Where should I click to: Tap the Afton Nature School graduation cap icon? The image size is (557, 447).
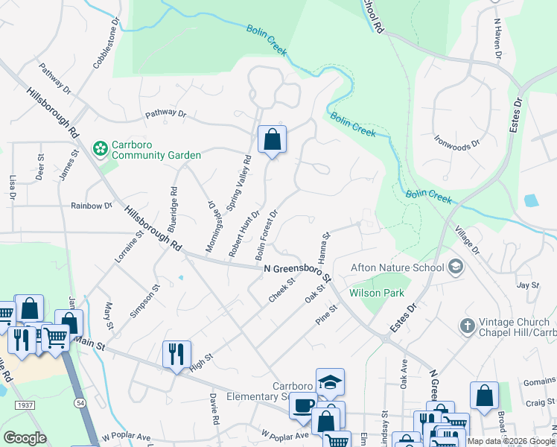pos(455,267)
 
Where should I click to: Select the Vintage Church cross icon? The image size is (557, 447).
pos(467,326)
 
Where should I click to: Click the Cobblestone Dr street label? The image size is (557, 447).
pos(105,43)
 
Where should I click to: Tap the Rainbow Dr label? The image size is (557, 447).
pos(91,206)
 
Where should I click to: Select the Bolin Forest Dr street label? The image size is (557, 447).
pos(266,235)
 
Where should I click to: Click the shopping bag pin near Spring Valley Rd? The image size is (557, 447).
pos(272,139)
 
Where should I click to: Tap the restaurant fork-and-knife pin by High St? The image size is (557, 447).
pos(176,353)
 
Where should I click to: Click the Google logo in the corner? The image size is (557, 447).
pos(25,438)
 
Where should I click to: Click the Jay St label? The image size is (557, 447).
pos(527,285)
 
